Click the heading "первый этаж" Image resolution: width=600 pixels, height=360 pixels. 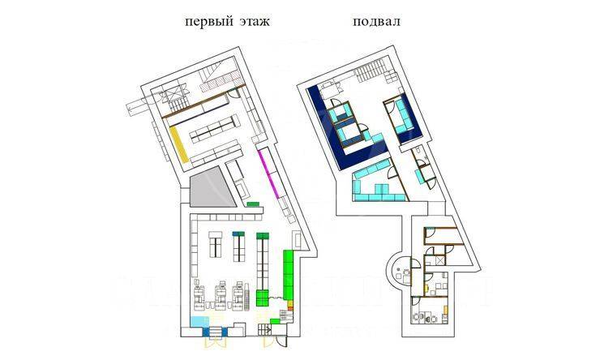point(227,23)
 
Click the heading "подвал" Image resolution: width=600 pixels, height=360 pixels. point(375,23)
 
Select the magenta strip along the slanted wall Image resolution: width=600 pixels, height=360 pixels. point(270,172)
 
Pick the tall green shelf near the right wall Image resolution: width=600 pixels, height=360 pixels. point(288,273)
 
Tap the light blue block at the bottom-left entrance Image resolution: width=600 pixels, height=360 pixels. point(199,323)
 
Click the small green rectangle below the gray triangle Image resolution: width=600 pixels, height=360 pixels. point(252,204)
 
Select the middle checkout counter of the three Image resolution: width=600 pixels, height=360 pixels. point(219,296)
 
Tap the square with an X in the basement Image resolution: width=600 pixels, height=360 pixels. point(439,259)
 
